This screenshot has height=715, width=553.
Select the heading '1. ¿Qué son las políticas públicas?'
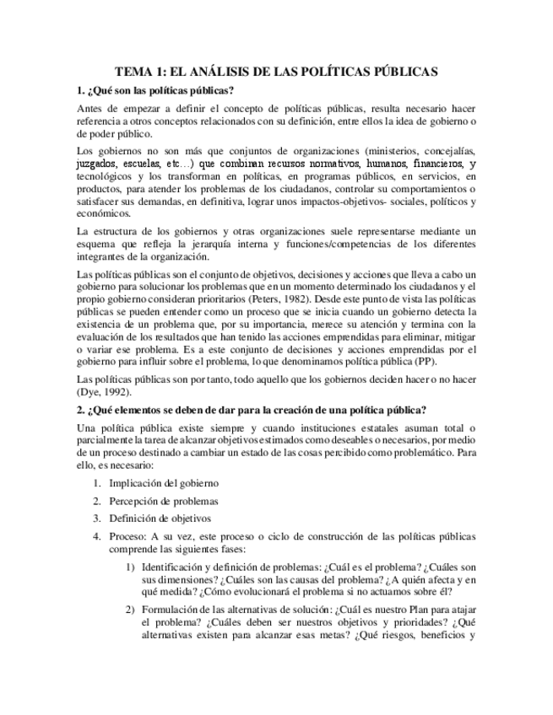point(155,91)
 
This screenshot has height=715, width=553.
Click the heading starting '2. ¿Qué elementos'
point(251,411)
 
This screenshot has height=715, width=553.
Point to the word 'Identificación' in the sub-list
point(174,567)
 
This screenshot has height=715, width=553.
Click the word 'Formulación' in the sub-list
point(171,610)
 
